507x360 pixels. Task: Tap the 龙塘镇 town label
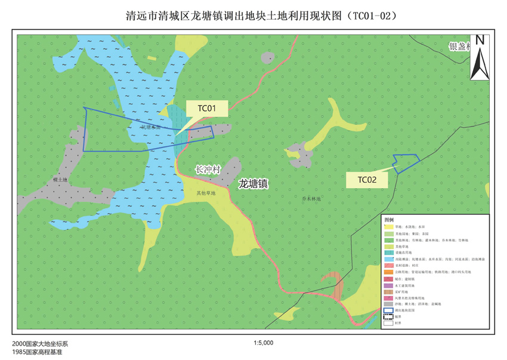click(253, 184)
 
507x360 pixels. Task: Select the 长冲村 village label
click(208, 170)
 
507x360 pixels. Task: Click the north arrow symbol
click(480, 57)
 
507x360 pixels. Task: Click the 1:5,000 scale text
click(263, 343)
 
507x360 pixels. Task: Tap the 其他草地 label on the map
click(206, 193)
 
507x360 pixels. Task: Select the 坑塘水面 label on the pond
click(151, 127)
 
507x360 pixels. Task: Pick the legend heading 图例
click(389, 220)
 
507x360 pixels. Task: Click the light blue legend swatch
click(388, 259)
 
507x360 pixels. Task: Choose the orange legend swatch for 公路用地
click(388, 272)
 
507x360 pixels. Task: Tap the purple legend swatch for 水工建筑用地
click(388, 285)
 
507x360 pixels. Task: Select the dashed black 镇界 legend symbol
click(388, 316)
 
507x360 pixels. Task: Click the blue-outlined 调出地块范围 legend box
click(388, 310)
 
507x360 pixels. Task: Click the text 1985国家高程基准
click(37, 353)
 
